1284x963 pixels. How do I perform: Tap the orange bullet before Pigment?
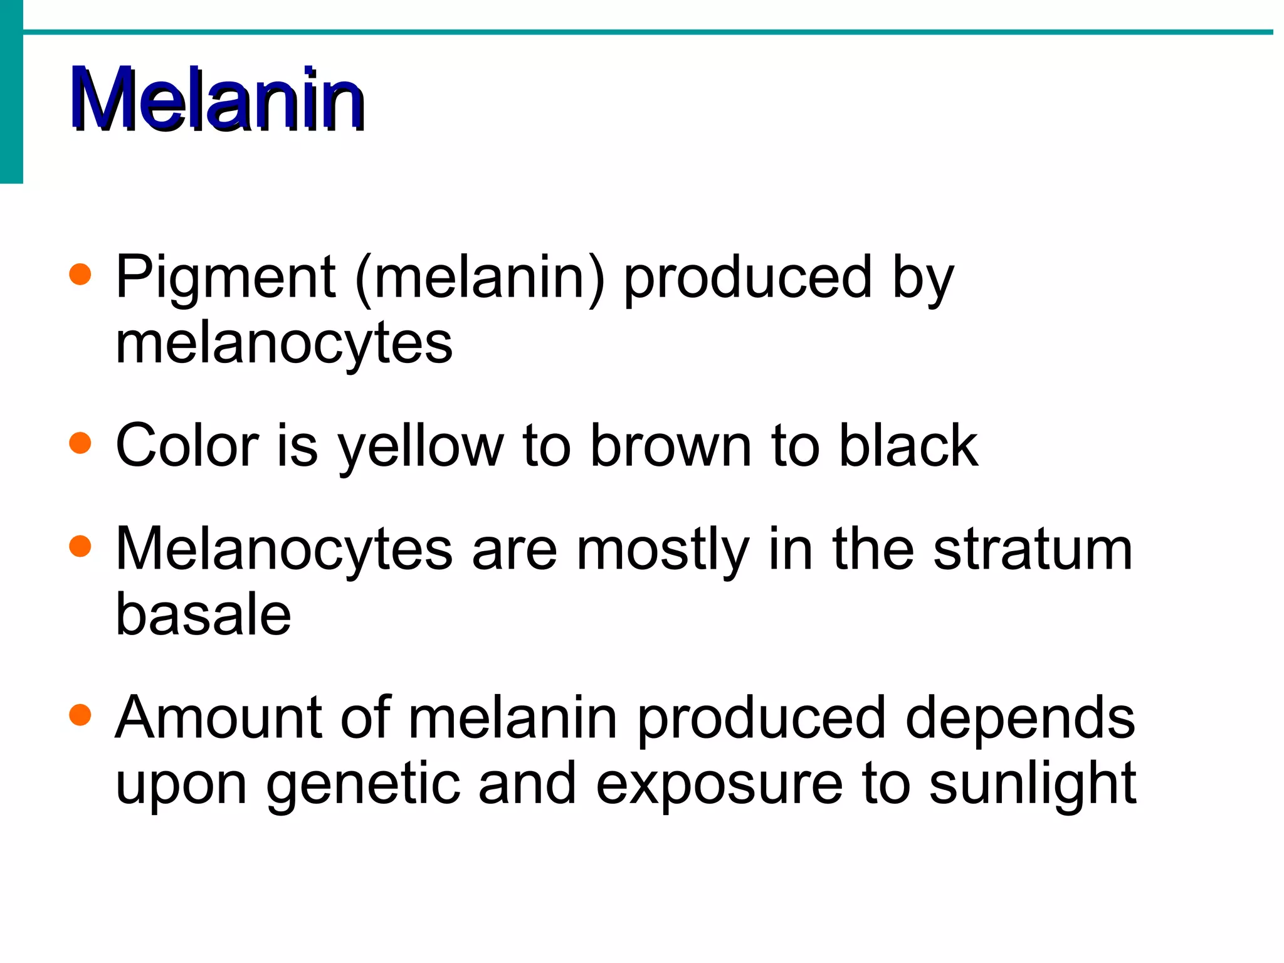click(80, 275)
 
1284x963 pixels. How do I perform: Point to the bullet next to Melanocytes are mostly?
click(80, 546)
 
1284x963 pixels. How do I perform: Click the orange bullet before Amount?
click(80, 715)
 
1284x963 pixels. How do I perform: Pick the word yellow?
click(420, 446)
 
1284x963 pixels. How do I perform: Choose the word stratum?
click(1033, 549)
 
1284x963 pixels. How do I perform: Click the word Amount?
click(218, 718)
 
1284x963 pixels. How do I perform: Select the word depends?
click(1020, 719)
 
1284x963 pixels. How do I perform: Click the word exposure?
click(719, 785)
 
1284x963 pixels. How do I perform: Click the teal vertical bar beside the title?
click(11, 92)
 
